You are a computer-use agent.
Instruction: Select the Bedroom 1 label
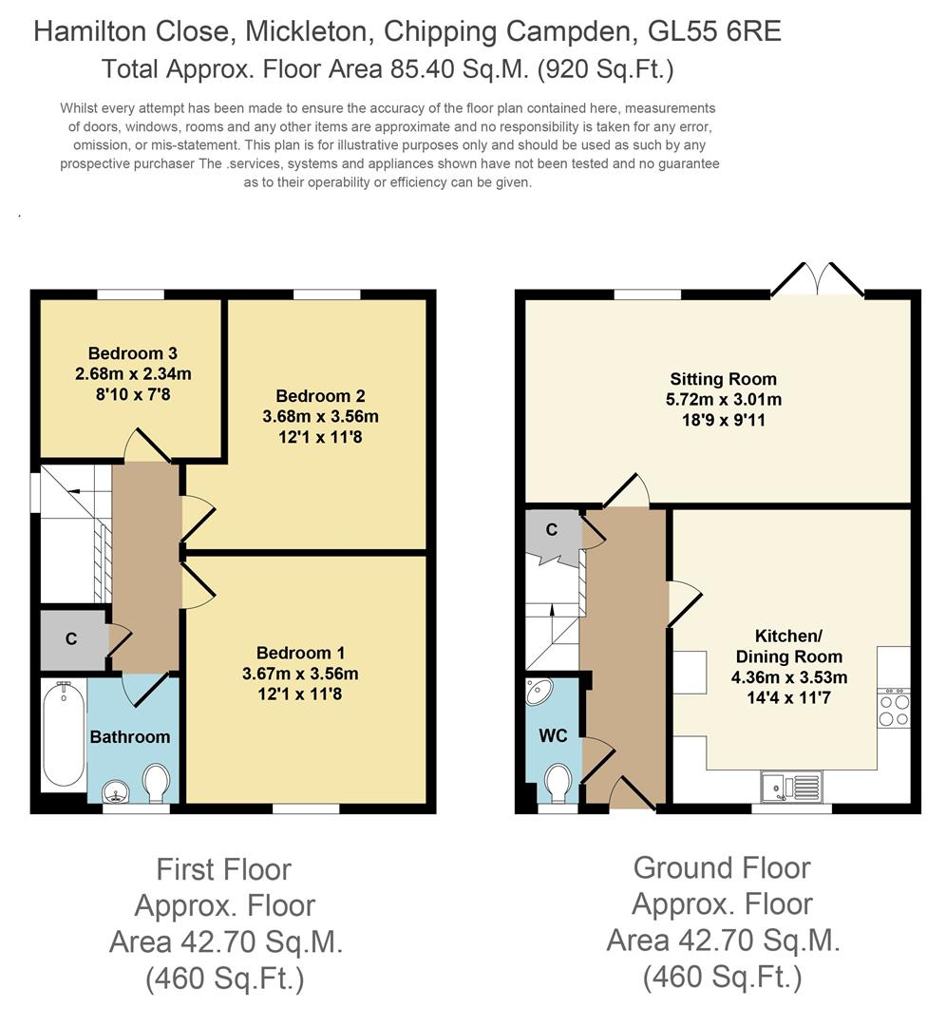tap(300, 653)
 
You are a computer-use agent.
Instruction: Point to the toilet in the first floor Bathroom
tap(155, 785)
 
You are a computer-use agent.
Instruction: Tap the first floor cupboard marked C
tap(71, 639)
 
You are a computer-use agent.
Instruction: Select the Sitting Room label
tap(722, 379)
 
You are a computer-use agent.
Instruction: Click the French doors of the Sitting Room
tap(817, 281)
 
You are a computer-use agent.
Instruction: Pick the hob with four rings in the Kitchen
tap(894, 710)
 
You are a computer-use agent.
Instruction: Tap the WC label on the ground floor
tap(553, 736)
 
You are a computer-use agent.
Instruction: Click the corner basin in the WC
tap(540, 691)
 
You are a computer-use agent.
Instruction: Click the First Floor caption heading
tap(224, 868)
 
